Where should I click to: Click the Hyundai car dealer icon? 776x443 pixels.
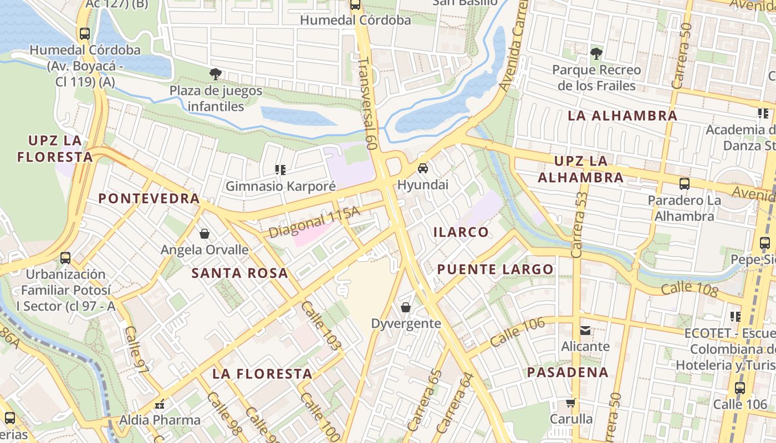tap(422, 168)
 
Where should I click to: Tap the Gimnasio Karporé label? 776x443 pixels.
tap(280, 186)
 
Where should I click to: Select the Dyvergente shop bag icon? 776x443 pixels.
tap(406, 307)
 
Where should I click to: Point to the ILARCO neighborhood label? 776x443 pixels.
tap(461, 232)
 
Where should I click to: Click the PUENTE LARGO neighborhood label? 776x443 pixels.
tap(495, 270)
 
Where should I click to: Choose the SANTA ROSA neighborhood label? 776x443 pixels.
tap(239, 273)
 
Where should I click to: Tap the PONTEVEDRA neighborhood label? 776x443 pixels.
tap(149, 198)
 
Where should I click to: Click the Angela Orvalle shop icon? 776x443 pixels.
tap(205, 234)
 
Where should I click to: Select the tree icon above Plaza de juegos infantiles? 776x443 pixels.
tap(216, 74)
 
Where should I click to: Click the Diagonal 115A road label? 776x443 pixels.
tap(314, 222)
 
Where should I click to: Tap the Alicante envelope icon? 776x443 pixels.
tap(585, 331)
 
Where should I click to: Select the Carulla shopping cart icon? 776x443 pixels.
tap(571, 403)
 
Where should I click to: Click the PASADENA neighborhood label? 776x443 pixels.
tap(568, 372)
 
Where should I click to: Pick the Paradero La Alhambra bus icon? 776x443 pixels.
tap(685, 184)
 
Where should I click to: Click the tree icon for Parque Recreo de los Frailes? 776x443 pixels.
tap(596, 54)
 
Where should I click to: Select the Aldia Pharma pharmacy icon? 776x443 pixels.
tap(160, 404)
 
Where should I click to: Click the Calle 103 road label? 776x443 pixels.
tap(321, 326)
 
